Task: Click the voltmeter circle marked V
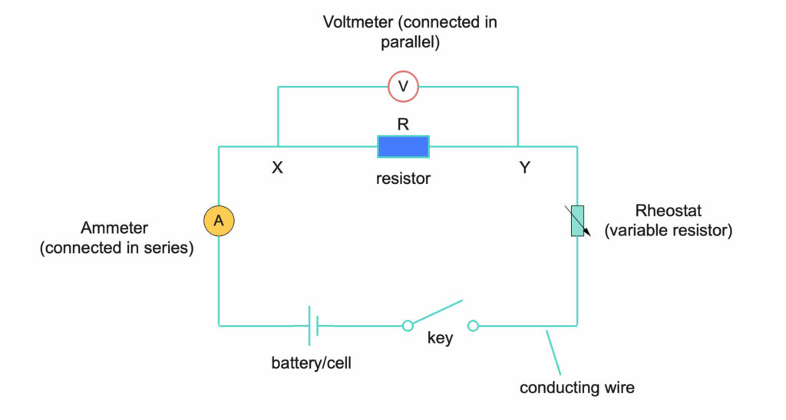pos(403,87)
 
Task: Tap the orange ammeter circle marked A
pos(219,221)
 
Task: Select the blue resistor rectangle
pos(403,146)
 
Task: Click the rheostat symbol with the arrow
pos(577,221)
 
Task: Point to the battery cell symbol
pos(314,326)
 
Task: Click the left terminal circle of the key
pos(408,326)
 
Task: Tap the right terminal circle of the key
pos(474,326)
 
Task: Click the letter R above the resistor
pos(403,123)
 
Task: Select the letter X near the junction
pos(278,168)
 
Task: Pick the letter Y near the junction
pos(524,168)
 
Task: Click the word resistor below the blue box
pos(403,179)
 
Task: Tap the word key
pos(440,338)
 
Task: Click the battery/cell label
pos(312,363)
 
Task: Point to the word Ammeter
pos(114,228)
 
